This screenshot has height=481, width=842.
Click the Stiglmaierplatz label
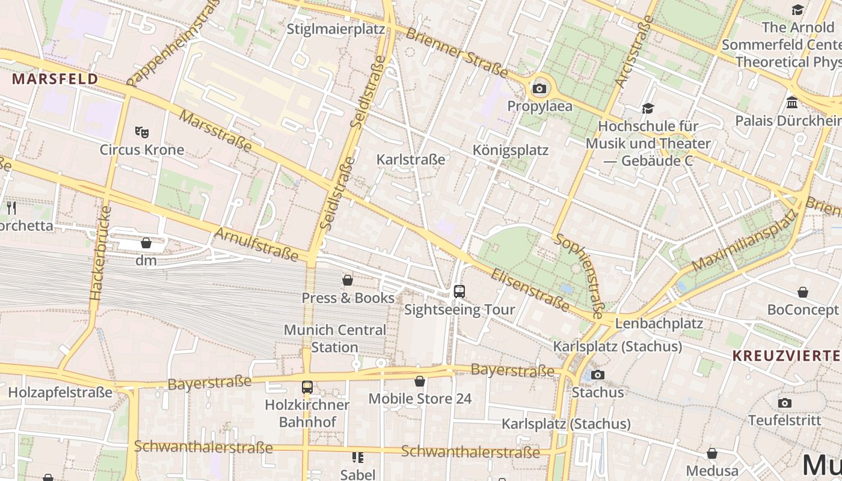pos(336,29)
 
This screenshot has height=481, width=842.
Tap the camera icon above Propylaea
pos(539,89)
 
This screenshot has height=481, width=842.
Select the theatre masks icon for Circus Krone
pos(142,132)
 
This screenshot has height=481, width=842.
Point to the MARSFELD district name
pos(55,79)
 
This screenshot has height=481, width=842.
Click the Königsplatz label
pos(511,150)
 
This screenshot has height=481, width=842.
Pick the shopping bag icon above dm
pos(146,243)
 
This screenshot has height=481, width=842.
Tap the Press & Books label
pos(348,298)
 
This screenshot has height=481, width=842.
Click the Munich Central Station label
pos(335,339)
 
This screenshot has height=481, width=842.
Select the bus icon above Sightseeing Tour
pos(459,292)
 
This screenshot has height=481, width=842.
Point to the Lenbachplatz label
pos(659,323)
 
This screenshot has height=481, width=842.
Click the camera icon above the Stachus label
pos(597,375)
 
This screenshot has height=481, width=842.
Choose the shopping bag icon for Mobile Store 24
pos(420,381)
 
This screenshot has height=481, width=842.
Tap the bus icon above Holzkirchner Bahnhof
pos(307,387)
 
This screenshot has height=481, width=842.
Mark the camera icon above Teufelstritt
pos(784,403)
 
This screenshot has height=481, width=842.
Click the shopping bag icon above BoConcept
pos(802,293)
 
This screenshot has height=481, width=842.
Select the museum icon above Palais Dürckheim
pos(791,102)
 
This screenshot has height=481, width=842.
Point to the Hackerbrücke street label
pos(100,253)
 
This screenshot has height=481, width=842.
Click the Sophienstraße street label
pos(580,275)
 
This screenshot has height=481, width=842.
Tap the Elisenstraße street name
pos(530,290)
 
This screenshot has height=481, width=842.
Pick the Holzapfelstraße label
pos(60,393)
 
